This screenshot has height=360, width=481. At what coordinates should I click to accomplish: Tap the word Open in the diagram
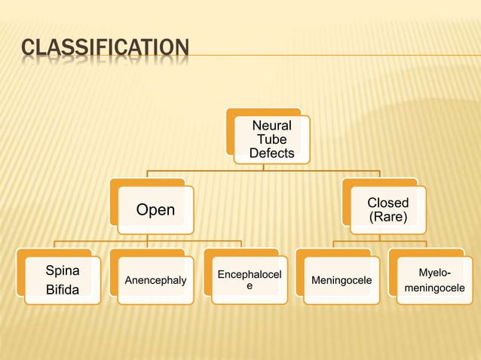click(155, 209)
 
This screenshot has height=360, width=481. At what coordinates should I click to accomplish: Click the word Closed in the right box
click(388, 203)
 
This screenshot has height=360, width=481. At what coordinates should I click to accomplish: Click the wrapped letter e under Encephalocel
click(250, 287)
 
